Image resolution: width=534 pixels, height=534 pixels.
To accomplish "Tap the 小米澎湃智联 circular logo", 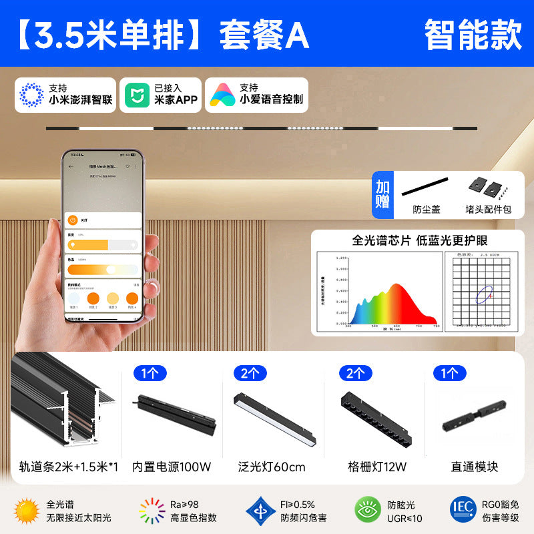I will (x=31, y=95).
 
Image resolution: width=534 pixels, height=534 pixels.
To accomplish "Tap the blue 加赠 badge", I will (x=382, y=194).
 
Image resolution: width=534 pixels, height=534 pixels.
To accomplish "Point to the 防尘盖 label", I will (x=427, y=209).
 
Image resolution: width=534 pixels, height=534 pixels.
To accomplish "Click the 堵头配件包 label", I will (x=489, y=209).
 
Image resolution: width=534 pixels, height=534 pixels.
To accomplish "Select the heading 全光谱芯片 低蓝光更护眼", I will (x=420, y=240).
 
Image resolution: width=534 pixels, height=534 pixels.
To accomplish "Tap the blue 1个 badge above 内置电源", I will (x=150, y=373).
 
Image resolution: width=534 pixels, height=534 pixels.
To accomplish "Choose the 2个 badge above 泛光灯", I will (x=250, y=373).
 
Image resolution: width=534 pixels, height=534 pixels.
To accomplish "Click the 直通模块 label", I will (x=474, y=467).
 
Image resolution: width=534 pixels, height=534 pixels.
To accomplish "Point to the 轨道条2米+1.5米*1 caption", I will (x=65, y=467).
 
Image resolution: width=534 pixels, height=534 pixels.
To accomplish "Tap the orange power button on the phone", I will (x=73, y=220).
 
